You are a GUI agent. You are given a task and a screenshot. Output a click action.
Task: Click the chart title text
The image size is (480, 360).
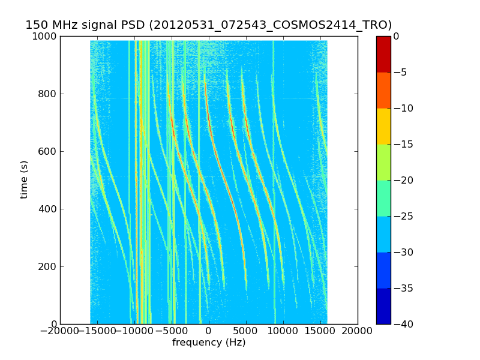point(208,25)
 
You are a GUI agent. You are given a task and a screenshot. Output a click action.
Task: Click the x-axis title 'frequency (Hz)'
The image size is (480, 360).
point(209,343)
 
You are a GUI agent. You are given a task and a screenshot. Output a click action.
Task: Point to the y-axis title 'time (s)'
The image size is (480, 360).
point(24,179)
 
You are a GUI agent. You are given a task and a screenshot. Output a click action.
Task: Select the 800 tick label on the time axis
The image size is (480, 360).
point(47,94)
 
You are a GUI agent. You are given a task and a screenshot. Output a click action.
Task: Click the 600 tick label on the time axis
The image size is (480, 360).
point(47,152)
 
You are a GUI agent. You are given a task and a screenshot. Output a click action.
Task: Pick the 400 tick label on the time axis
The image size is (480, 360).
point(47,209)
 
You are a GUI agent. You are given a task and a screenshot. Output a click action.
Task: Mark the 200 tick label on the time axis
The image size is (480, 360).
point(47,267)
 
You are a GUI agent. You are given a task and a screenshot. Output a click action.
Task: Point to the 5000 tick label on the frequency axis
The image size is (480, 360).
point(246,331)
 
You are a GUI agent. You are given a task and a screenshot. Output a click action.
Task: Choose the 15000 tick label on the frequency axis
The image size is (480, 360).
point(320,331)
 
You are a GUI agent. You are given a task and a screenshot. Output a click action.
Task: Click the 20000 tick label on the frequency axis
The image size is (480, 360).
point(358,331)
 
